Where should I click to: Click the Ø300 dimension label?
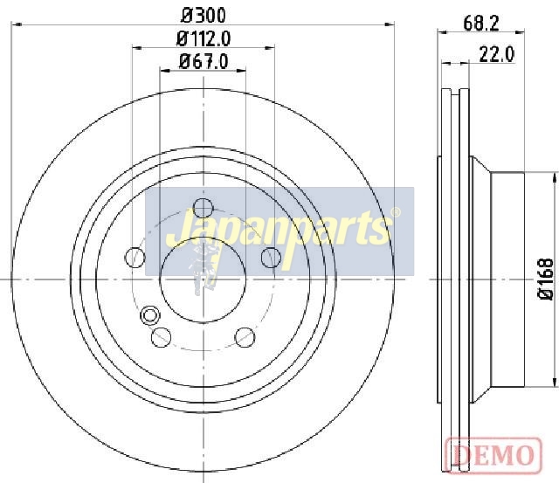pos(204,16)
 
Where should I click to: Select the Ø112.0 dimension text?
pos(204,38)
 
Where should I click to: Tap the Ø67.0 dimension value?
pos(204,61)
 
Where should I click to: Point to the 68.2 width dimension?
pos(481,24)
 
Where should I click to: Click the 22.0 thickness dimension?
pos(497,54)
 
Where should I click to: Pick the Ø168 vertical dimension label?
pos(546,279)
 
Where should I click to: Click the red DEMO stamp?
pos(493,455)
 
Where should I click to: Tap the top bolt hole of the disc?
pos(204,208)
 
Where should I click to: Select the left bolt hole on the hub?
pos(135,257)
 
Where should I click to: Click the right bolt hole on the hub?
pos(271,257)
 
